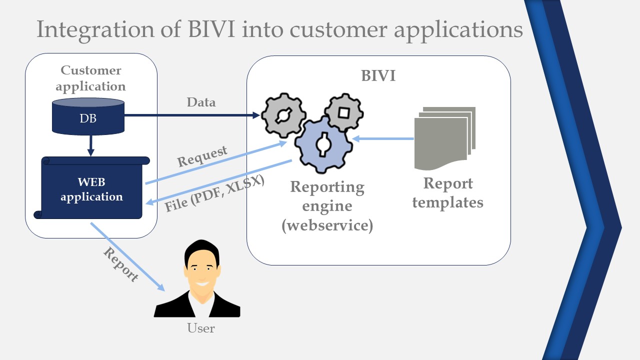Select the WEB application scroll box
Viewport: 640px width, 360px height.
[x=92, y=189]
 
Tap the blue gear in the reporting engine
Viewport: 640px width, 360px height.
[x=323, y=144]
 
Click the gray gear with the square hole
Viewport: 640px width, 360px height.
[x=343, y=112]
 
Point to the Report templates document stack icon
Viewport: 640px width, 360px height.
[x=444, y=137]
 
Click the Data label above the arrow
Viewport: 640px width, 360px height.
[x=201, y=102]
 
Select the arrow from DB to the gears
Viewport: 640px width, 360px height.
[x=192, y=115]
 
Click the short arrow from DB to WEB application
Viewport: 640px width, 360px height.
[x=90, y=145]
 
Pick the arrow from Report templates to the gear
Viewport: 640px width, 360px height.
[x=383, y=138]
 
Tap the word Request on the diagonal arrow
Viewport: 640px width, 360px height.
[x=202, y=156]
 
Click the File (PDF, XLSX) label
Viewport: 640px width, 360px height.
[x=215, y=193]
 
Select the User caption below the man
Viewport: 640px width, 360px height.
[x=201, y=328]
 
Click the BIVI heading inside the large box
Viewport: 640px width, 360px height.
[x=378, y=76]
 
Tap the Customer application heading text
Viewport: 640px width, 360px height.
[x=90, y=78]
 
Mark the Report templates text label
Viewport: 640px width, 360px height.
[x=448, y=193]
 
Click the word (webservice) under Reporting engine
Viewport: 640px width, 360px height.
[x=327, y=225]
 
